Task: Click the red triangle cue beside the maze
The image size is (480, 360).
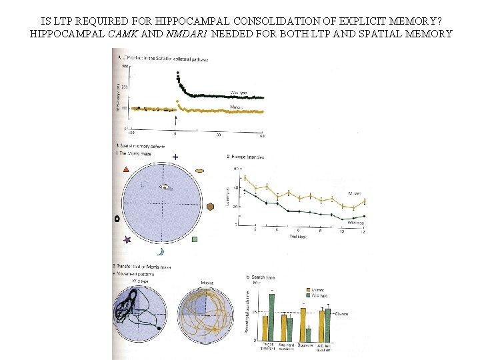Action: (x=126, y=171)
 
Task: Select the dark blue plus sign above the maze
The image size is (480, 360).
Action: (x=175, y=157)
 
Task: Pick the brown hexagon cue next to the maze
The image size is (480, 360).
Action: (x=210, y=207)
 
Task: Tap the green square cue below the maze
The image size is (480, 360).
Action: (x=194, y=239)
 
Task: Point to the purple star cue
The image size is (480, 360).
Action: (x=127, y=239)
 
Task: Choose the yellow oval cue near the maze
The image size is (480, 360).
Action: (x=199, y=171)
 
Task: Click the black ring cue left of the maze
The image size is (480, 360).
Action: (x=117, y=218)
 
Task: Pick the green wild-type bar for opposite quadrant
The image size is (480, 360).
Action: (x=308, y=334)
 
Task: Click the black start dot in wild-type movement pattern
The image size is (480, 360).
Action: (x=158, y=329)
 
